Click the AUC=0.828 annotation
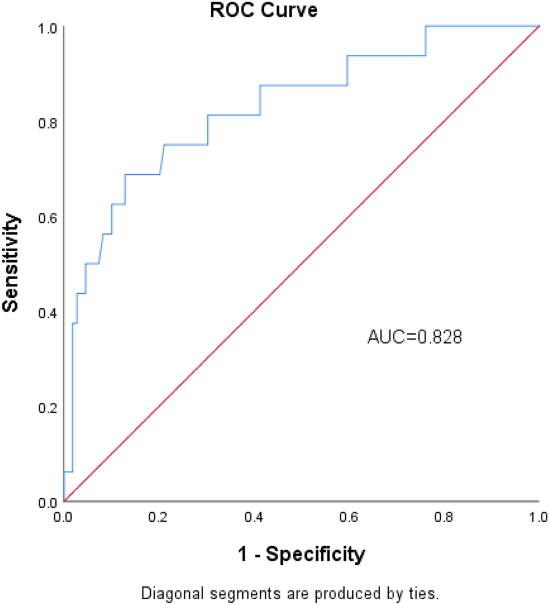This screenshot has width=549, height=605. click(x=415, y=337)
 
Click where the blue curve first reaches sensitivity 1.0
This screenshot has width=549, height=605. click(x=426, y=26)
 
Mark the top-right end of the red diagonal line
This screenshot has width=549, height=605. click(x=539, y=26)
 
